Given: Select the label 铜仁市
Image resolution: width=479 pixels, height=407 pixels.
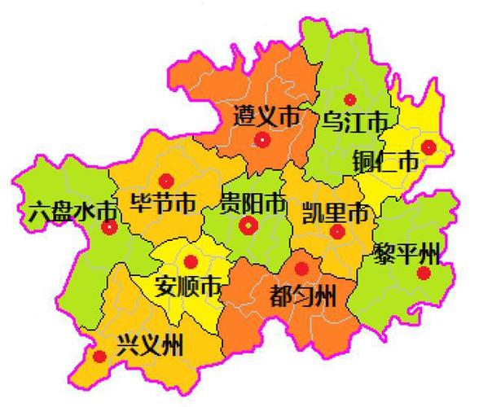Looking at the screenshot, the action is coord(385,161).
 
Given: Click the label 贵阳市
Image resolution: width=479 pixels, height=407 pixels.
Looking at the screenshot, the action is coord(253,202).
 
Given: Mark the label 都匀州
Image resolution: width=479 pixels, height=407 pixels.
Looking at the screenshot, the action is coord(301,294).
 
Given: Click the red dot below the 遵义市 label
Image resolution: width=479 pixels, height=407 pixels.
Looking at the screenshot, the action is coord(262,140).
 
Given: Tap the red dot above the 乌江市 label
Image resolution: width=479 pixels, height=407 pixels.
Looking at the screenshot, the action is coord(350,99).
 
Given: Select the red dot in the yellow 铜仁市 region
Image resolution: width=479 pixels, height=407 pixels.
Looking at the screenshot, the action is coord(428,147).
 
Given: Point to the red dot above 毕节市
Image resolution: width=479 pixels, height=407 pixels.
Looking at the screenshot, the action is coord(166,181).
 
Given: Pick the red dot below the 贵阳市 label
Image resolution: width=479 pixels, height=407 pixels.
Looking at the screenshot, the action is coord(248,225).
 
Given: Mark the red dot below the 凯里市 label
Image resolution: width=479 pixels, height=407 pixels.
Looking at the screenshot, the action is coord(337,232).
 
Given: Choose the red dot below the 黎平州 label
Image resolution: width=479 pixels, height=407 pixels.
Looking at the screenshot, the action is coord(423,273).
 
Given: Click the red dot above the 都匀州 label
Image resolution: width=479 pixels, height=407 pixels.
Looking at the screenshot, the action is coord(301,269).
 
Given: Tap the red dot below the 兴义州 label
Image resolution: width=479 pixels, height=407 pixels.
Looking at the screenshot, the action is coord(99,357).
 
